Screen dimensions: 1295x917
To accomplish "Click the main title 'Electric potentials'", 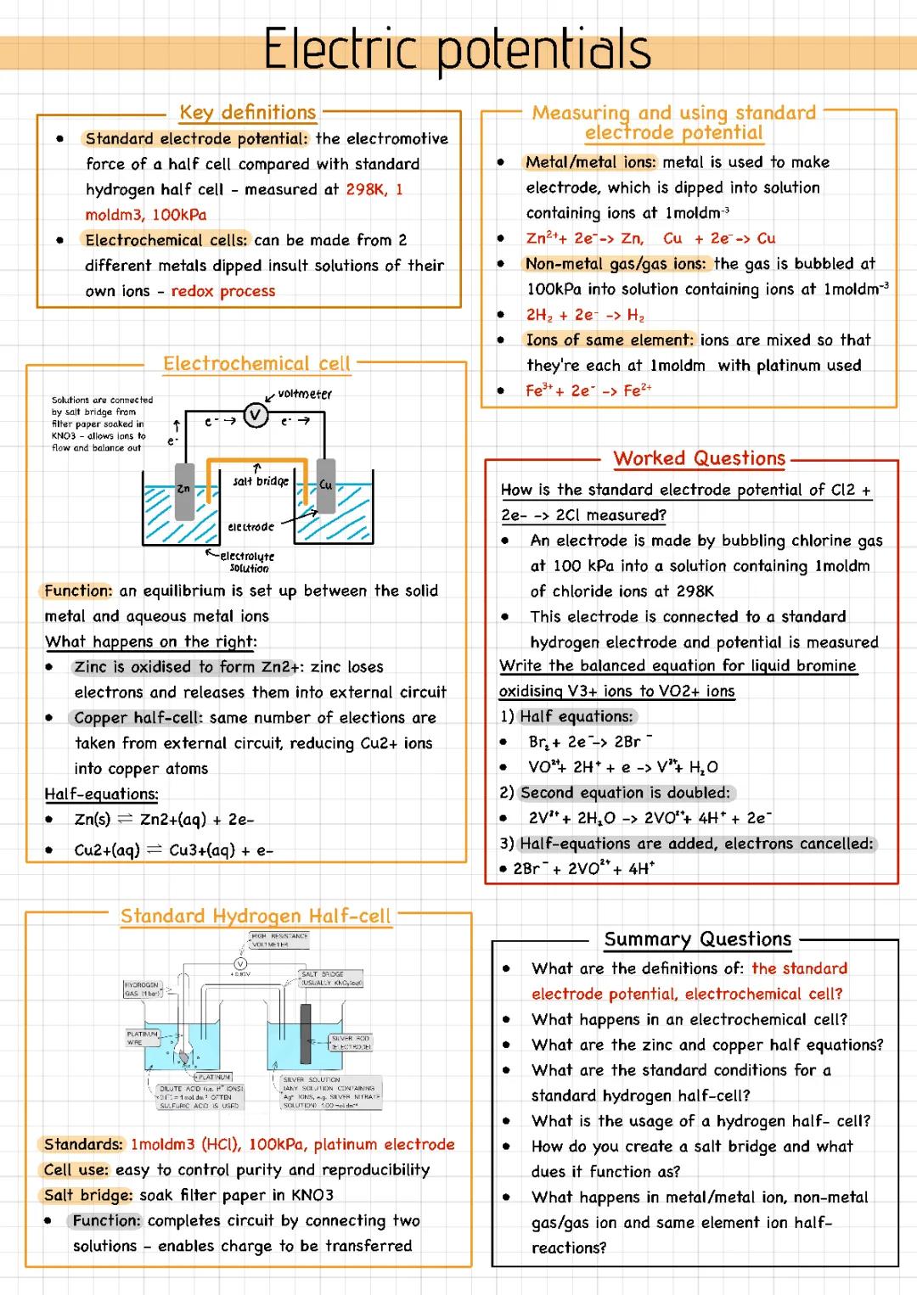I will [x=457, y=49].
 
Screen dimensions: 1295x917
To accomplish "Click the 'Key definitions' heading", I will [x=247, y=112].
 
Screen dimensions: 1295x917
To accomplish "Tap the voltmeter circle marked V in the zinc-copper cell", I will [x=256, y=416].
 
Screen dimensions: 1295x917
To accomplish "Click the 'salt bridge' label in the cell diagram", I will [x=261, y=481].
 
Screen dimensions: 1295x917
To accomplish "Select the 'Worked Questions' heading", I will [x=700, y=458].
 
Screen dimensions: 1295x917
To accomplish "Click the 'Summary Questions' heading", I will [x=698, y=939].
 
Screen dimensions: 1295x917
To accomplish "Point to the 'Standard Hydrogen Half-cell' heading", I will [x=256, y=916].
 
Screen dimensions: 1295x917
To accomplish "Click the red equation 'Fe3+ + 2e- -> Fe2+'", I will [x=588, y=390].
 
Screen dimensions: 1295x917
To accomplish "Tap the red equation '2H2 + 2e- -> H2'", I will [x=585, y=315].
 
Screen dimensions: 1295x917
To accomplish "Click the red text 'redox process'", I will [x=223, y=291].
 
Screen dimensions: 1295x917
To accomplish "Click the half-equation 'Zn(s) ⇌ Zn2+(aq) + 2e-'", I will [x=164, y=820].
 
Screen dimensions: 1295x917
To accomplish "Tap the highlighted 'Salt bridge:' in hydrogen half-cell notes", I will [x=88, y=1195].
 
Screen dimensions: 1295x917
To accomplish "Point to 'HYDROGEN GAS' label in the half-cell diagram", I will [x=142, y=989].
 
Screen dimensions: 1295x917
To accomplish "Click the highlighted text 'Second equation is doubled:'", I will [x=626, y=793].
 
